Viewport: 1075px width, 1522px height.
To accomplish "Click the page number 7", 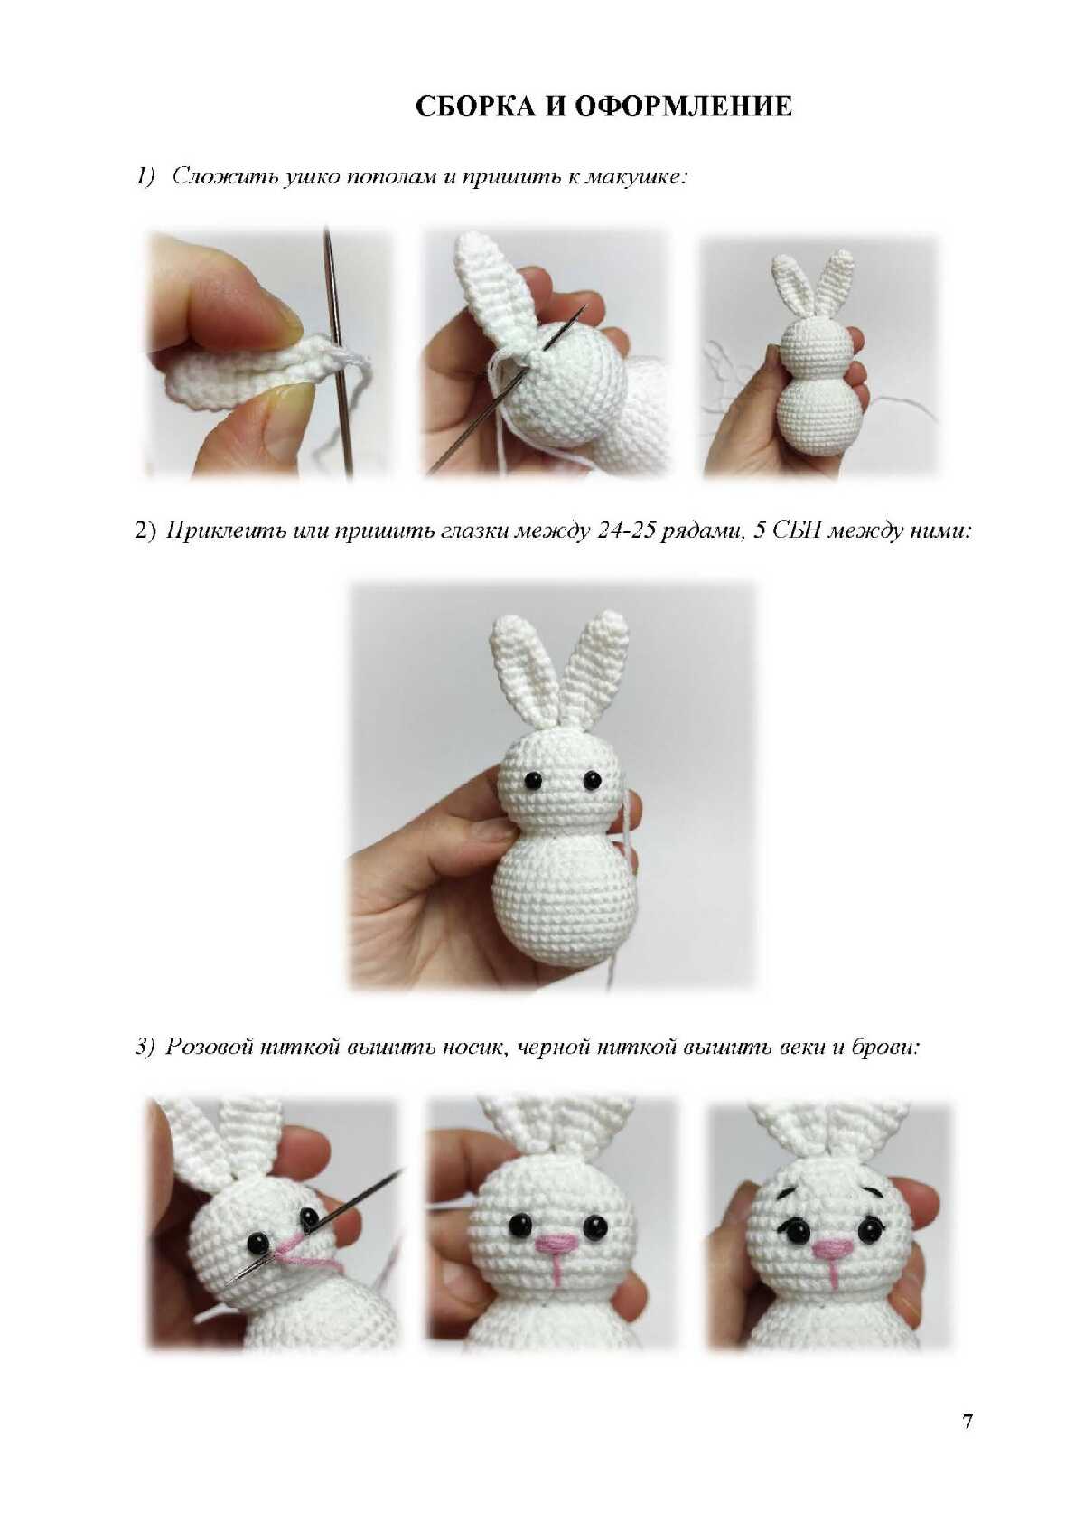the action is (x=967, y=1422).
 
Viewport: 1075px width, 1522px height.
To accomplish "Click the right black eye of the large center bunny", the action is (x=593, y=779).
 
